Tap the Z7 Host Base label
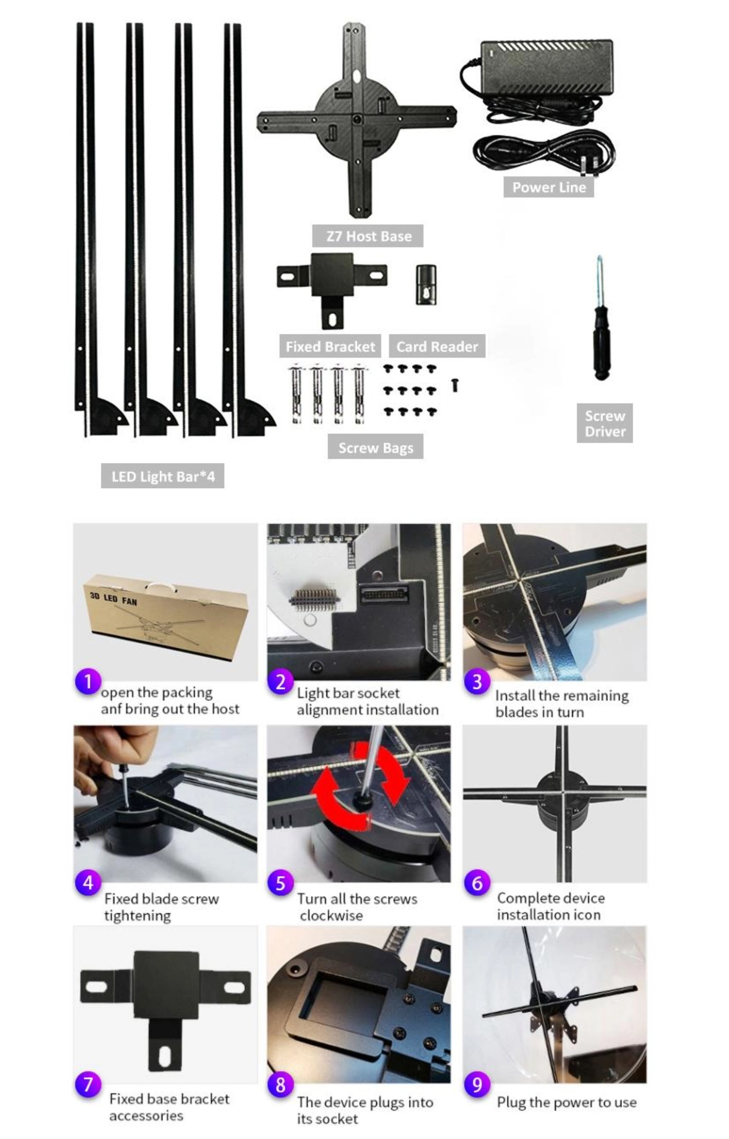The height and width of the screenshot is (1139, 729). pos(368,236)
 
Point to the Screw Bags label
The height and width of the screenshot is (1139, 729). pos(376,447)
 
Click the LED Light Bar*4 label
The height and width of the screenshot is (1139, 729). pos(163,476)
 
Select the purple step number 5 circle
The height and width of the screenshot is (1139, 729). pos(281,883)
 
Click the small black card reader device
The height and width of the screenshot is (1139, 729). pos(426,284)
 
